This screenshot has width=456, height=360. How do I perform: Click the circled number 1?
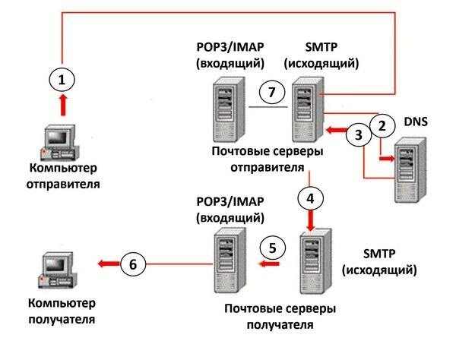pyautogui.click(x=64, y=78)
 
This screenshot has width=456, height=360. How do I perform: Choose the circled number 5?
pyautogui.click(x=277, y=248)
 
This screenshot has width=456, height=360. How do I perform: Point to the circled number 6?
pyautogui.click(x=133, y=264)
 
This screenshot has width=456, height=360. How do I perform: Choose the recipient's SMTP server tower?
pyautogui.click(x=314, y=267)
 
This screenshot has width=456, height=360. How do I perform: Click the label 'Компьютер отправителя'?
pyautogui.click(x=64, y=175)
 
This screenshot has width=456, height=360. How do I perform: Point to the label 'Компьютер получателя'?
pyautogui.click(x=62, y=311)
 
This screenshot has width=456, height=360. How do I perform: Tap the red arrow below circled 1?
pyautogui.click(x=63, y=104)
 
